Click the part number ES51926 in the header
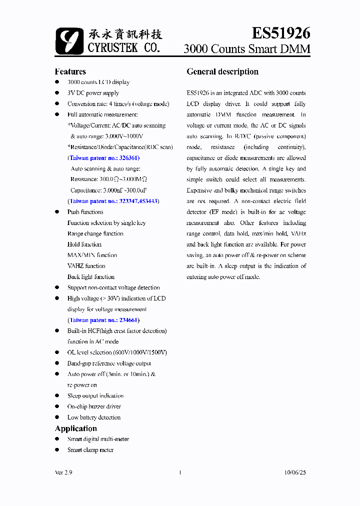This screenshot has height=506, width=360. click(x=280, y=33)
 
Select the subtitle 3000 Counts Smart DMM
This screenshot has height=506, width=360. click(x=246, y=49)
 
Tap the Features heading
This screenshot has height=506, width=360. click(x=70, y=71)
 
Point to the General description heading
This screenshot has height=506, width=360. click(x=222, y=71)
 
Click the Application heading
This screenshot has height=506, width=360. click(x=75, y=428)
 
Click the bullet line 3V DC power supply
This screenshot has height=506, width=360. click(x=93, y=93)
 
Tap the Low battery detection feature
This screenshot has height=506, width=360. click(x=94, y=417)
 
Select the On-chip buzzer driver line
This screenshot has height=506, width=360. click(x=94, y=406)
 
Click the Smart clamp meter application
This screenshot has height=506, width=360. click(x=90, y=450)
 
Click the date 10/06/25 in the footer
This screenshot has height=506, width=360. click(x=294, y=472)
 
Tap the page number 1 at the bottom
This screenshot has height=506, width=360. click(x=179, y=472)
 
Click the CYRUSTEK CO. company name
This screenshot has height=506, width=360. click(x=123, y=48)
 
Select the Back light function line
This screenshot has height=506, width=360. click(x=91, y=277)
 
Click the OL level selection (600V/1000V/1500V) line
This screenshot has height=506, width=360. click(x=117, y=352)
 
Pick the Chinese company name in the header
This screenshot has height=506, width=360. click(x=125, y=34)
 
